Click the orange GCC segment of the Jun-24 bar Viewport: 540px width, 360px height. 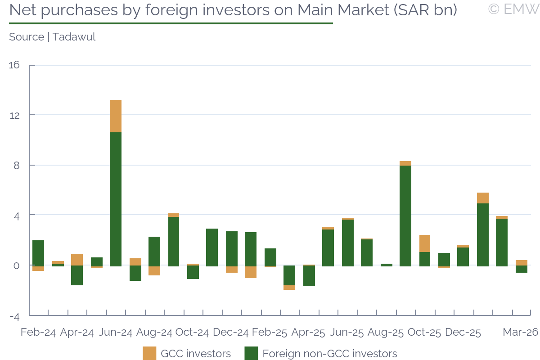(x=116, y=116)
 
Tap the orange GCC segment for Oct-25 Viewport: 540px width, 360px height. (x=425, y=243)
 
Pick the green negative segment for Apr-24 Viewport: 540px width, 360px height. (x=77, y=275)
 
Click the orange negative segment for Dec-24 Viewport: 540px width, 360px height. (x=232, y=269)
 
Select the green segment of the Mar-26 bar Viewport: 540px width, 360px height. (x=522, y=269)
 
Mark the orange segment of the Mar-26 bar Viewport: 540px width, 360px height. (x=522, y=263)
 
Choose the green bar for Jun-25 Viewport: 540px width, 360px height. (x=348, y=243)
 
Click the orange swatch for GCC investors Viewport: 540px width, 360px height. (x=149, y=353)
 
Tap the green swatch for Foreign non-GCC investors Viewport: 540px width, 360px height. (x=251, y=353)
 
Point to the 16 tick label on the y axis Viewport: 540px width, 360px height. (x=14, y=65)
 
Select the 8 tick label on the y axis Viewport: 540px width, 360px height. (x=17, y=165)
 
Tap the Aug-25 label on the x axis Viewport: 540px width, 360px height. (x=386, y=333)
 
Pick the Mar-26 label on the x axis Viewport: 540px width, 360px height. (x=520, y=333)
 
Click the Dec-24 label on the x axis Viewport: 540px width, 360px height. (x=230, y=333)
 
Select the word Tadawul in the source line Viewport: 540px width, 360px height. (x=74, y=37)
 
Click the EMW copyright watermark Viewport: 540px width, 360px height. (x=513, y=9)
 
